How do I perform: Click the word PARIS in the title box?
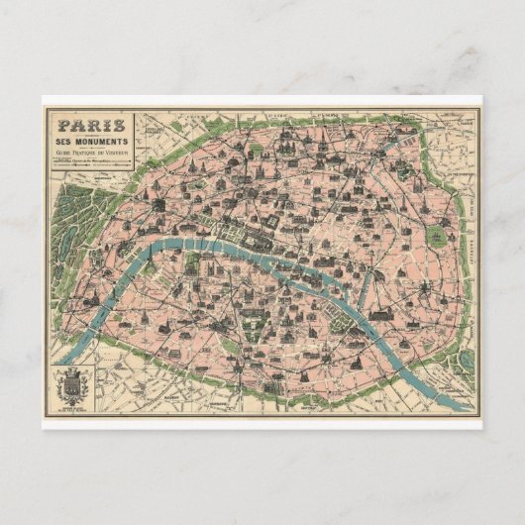coord(91,125)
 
